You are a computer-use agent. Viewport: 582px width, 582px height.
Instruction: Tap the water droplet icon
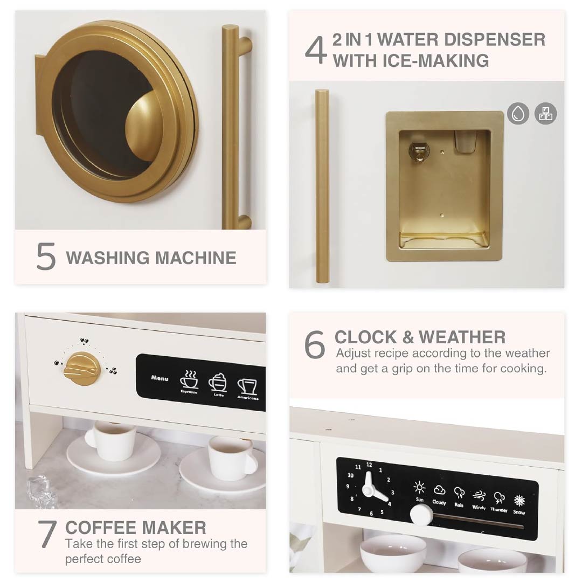pos(518,113)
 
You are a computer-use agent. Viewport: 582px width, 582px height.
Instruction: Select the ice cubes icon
pos(545,113)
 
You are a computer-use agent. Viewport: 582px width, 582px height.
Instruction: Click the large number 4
pos(315,50)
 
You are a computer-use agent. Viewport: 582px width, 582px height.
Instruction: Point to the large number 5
pos(46,256)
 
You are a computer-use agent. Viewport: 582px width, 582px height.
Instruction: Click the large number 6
pos(315,344)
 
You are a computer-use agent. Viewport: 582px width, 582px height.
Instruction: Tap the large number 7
pos(47,533)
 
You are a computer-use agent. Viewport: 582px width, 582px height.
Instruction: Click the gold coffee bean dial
pos(82,369)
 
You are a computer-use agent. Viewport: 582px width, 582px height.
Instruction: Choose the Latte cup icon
pos(218,382)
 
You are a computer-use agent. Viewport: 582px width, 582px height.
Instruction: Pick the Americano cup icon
pos(247,386)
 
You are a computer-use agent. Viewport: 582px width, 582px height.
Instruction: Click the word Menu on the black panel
pos(160,378)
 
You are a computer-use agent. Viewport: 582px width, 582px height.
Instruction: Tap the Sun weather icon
pos(419,487)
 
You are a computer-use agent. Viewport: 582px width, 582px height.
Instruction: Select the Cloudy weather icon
pos(440,490)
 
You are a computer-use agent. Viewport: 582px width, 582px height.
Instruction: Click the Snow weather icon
pos(519,500)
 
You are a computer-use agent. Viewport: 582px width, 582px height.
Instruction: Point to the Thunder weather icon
pos(499,498)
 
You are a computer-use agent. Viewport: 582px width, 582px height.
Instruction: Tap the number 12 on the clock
pos(369,465)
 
